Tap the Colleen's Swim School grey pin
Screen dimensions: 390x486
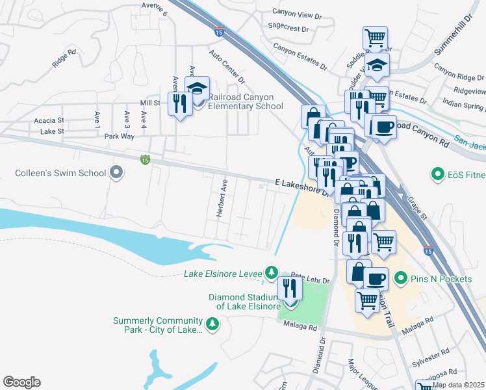(116, 173)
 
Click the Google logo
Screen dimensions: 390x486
(21, 382)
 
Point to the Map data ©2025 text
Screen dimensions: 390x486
(458, 385)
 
